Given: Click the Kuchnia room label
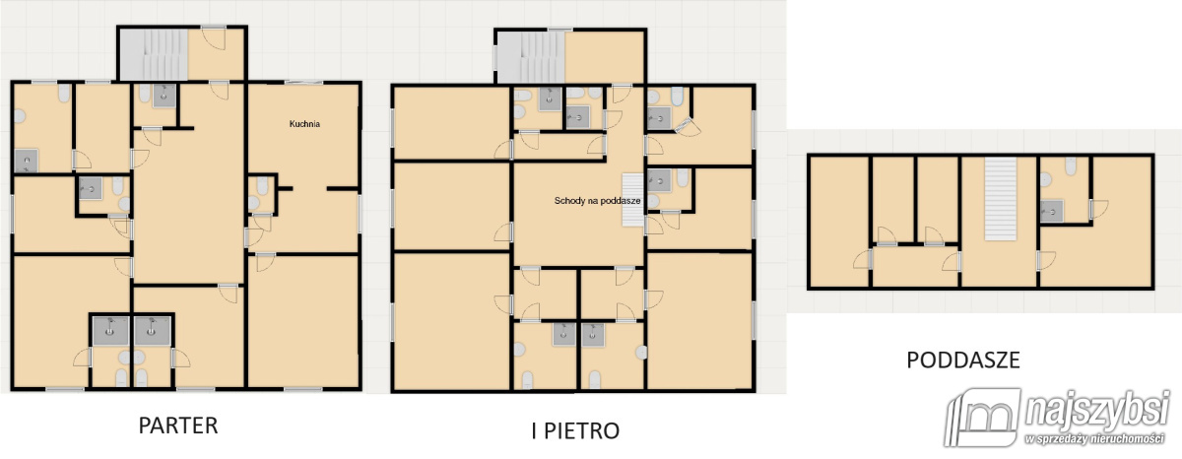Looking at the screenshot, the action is [x=304, y=124].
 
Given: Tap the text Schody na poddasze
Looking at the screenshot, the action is [x=597, y=201].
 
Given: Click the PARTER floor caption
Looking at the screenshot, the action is [x=178, y=426].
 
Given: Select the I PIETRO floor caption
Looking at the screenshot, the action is [x=575, y=431].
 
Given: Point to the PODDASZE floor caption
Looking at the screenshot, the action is [x=963, y=361].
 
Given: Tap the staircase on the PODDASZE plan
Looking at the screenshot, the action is [x=1001, y=199].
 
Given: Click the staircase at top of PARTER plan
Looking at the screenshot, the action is [x=153, y=54].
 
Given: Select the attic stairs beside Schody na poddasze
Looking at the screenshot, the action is [x=632, y=200].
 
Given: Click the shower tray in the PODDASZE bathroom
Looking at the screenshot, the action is [x=1052, y=212].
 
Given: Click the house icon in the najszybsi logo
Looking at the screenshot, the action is [x=983, y=418].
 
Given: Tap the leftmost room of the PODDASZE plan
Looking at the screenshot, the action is [x=839, y=222].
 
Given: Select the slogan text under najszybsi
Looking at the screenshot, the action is [x=1096, y=439].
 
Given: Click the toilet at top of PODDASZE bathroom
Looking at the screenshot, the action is [x=1071, y=166].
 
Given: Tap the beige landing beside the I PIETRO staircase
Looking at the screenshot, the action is [x=605, y=57].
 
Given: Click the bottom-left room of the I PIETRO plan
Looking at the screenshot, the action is [x=452, y=321].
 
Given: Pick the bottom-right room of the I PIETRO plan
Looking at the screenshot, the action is [x=698, y=321].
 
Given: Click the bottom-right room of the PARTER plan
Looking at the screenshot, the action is [x=303, y=322].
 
